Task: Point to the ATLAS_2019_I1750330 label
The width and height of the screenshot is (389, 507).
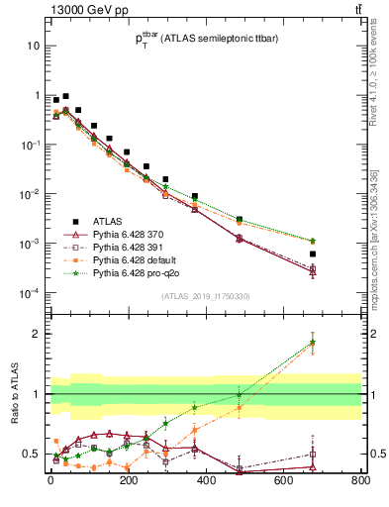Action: [204, 296]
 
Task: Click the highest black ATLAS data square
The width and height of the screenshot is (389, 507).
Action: [65, 97]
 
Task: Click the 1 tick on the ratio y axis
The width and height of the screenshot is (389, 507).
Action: [35, 394]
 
